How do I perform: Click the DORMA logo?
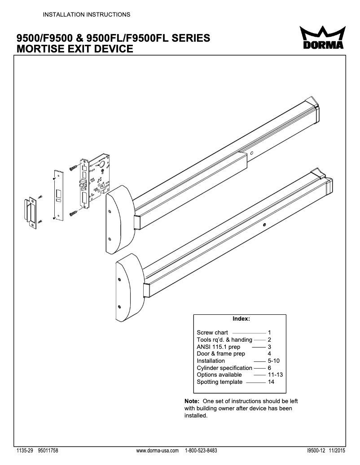click(322, 39)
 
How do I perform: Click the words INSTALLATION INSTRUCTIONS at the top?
click(86, 14)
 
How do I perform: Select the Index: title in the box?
click(241, 319)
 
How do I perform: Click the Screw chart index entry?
click(212, 333)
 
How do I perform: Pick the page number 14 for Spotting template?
click(271, 382)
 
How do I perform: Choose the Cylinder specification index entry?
click(224, 368)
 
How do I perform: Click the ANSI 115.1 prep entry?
click(219, 347)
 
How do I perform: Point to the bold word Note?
click(193, 401)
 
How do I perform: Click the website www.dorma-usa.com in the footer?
click(157, 450)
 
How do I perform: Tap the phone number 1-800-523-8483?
click(201, 450)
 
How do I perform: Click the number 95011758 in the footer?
click(48, 450)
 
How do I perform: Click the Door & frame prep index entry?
click(221, 354)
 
